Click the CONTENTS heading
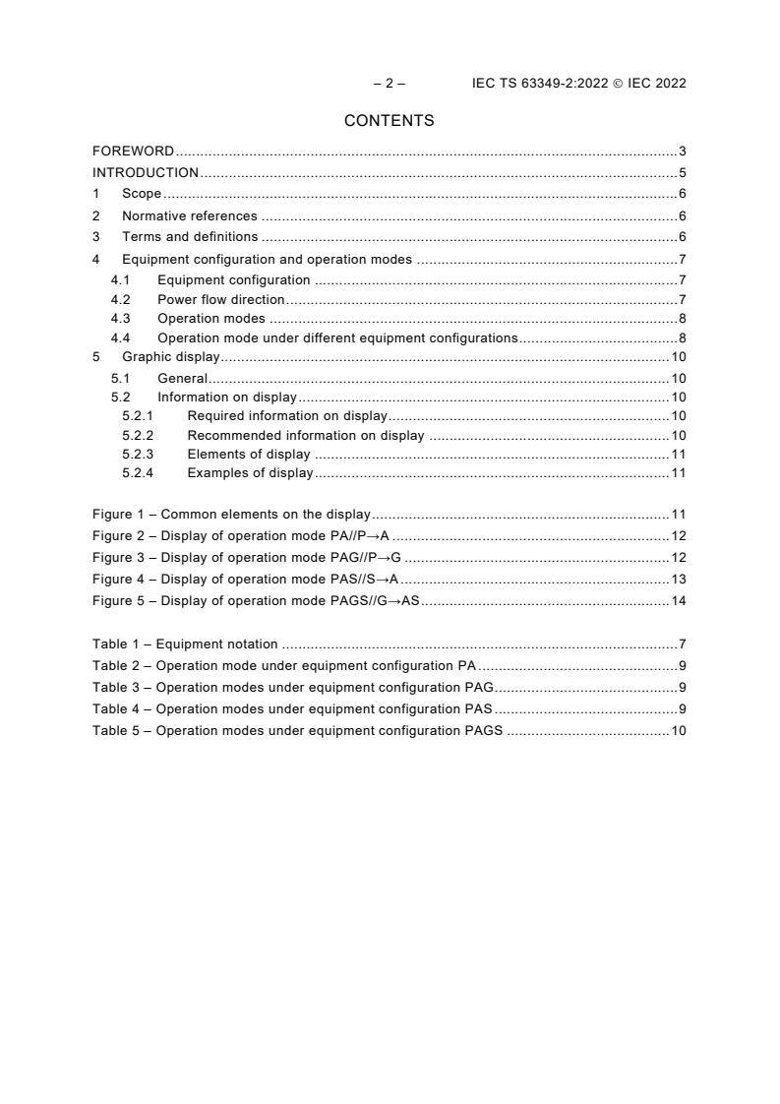pyautogui.click(x=389, y=121)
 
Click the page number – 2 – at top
pyautogui.click(x=389, y=84)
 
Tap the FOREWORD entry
pyautogui.click(x=133, y=152)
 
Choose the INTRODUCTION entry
pyautogui.click(x=145, y=173)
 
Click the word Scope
pyautogui.click(x=142, y=194)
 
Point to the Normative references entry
pyautogui.click(x=189, y=215)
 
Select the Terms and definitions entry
pyautogui.click(x=190, y=237)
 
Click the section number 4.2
pyautogui.click(x=120, y=299)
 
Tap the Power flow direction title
pyautogui.click(x=220, y=299)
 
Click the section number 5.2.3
pyautogui.click(x=137, y=455)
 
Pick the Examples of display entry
pyautogui.click(x=250, y=473)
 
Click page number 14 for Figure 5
pyautogui.click(x=678, y=600)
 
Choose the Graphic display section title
pyautogui.click(x=170, y=357)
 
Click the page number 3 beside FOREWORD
pyautogui.click(x=682, y=152)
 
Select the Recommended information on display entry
pyautogui.click(x=305, y=436)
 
